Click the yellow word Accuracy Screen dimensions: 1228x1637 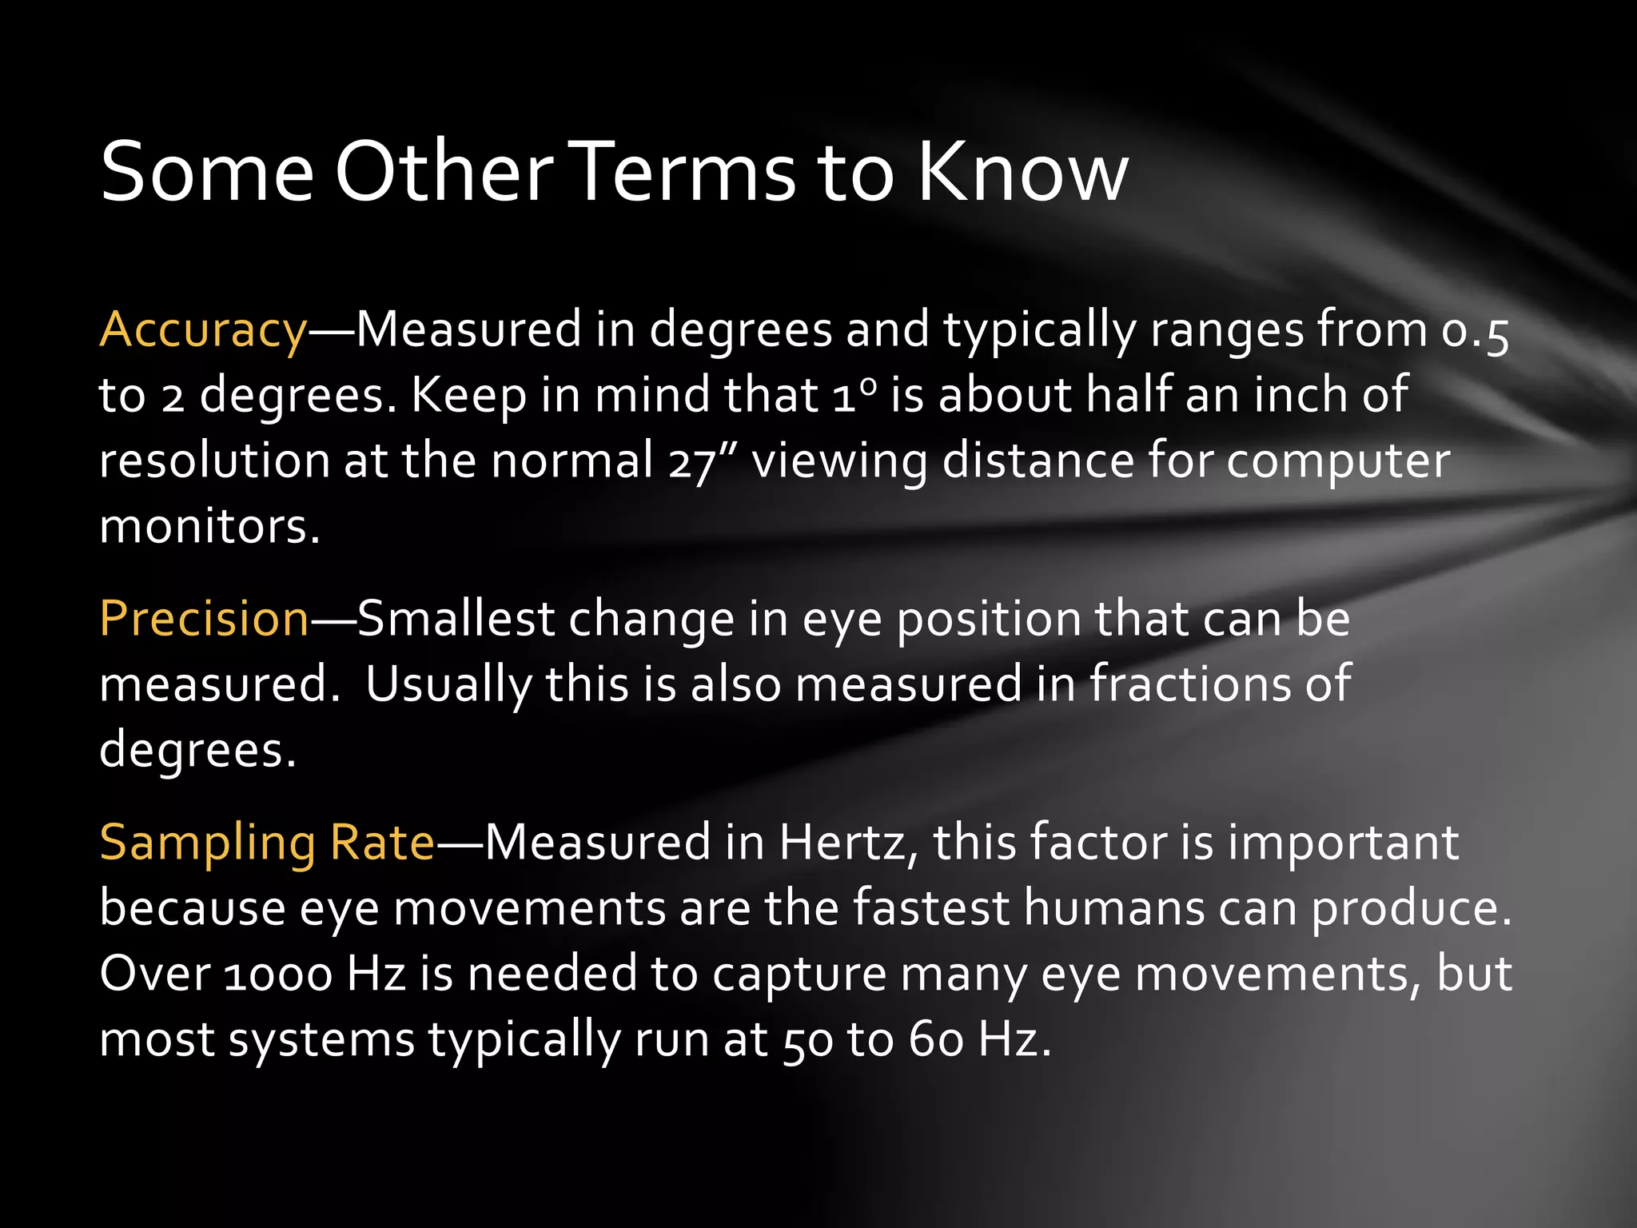[203, 330]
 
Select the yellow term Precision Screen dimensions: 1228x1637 [204, 619]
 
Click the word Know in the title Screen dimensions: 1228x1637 [1022, 172]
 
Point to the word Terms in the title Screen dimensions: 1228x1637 [686, 172]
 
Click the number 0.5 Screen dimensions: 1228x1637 [1475, 332]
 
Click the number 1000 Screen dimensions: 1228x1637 [277, 975]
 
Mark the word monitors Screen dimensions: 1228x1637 [209, 527]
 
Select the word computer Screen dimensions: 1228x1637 [1338, 463]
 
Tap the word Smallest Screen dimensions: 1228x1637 [456, 619]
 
